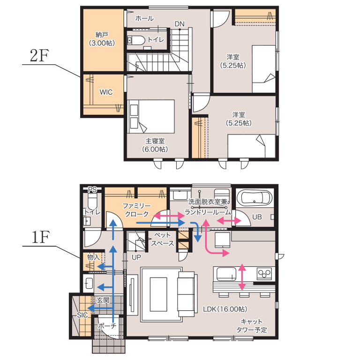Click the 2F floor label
point(39,56)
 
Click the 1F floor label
point(40,237)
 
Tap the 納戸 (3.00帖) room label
point(102,39)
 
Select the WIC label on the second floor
point(106,92)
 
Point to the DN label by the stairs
point(180,24)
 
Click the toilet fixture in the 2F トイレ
point(136,40)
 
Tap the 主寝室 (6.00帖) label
point(155,145)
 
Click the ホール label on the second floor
point(144,18)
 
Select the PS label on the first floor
point(92,190)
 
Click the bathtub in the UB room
point(254,197)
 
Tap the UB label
point(257,217)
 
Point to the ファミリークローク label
point(136,210)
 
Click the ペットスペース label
point(162,239)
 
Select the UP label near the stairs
point(136,258)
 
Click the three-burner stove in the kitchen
point(264,273)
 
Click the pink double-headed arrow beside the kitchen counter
point(242,277)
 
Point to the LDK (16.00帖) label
point(225,309)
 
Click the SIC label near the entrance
point(82,315)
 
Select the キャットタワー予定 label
point(252,326)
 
